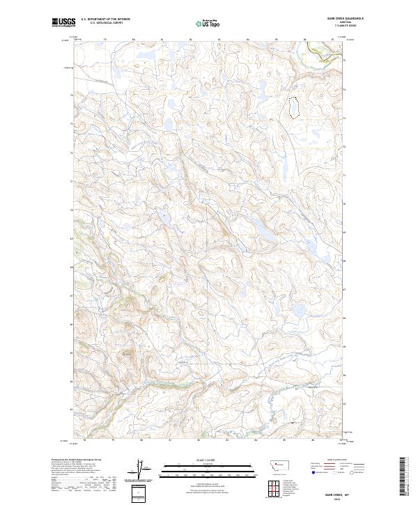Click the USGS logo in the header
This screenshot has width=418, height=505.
pos(63,22)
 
